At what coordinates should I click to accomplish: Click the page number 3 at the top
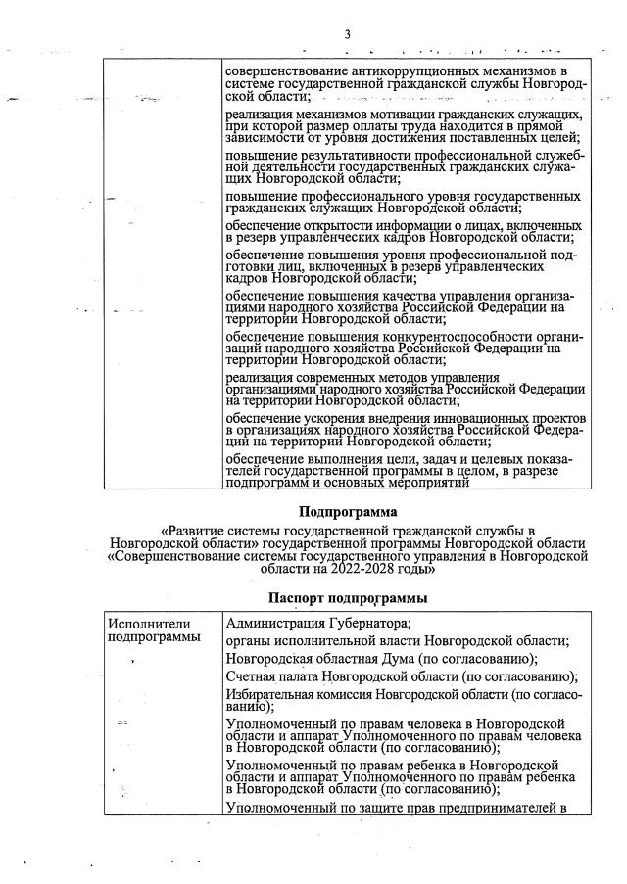coord(347,36)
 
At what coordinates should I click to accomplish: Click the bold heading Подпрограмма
coord(348,511)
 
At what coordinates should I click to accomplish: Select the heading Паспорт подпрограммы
coord(348,596)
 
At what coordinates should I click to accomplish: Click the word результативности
coord(341,156)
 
